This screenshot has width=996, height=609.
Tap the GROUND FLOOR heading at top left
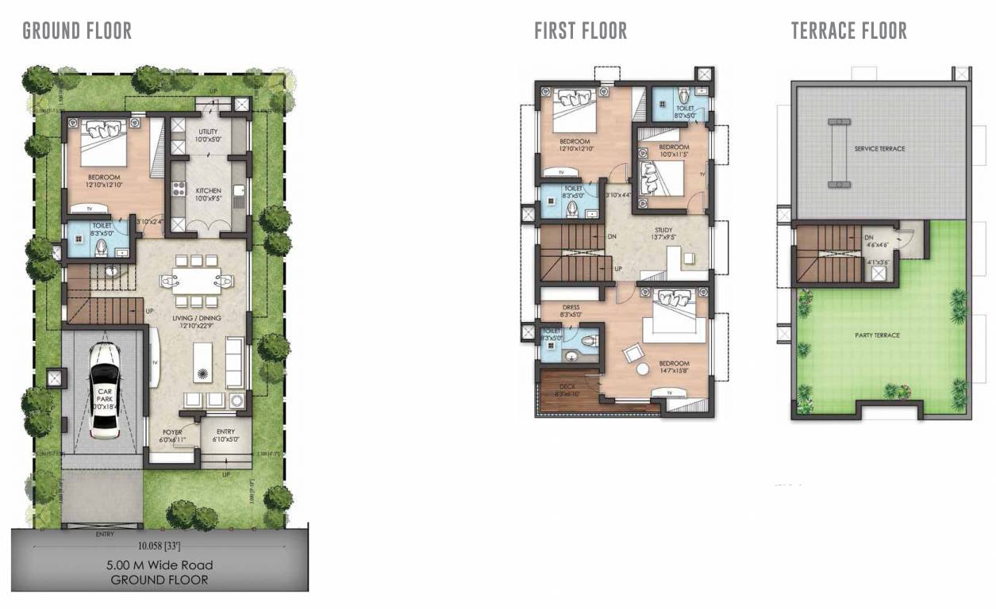point(77,31)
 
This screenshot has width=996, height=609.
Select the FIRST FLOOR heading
point(580,31)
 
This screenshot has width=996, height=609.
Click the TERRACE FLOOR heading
point(848,31)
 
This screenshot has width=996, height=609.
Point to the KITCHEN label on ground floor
point(209,191)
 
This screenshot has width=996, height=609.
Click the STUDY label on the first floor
point(663,229)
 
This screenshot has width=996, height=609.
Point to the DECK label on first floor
point(567,386)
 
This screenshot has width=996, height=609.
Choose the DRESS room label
point(571,307)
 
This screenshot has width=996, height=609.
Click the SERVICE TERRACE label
point(879,148)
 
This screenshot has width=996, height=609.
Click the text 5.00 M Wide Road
point(160,565)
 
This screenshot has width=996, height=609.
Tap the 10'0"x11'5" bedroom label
point(673,151)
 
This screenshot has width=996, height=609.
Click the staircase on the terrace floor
point(828,255)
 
